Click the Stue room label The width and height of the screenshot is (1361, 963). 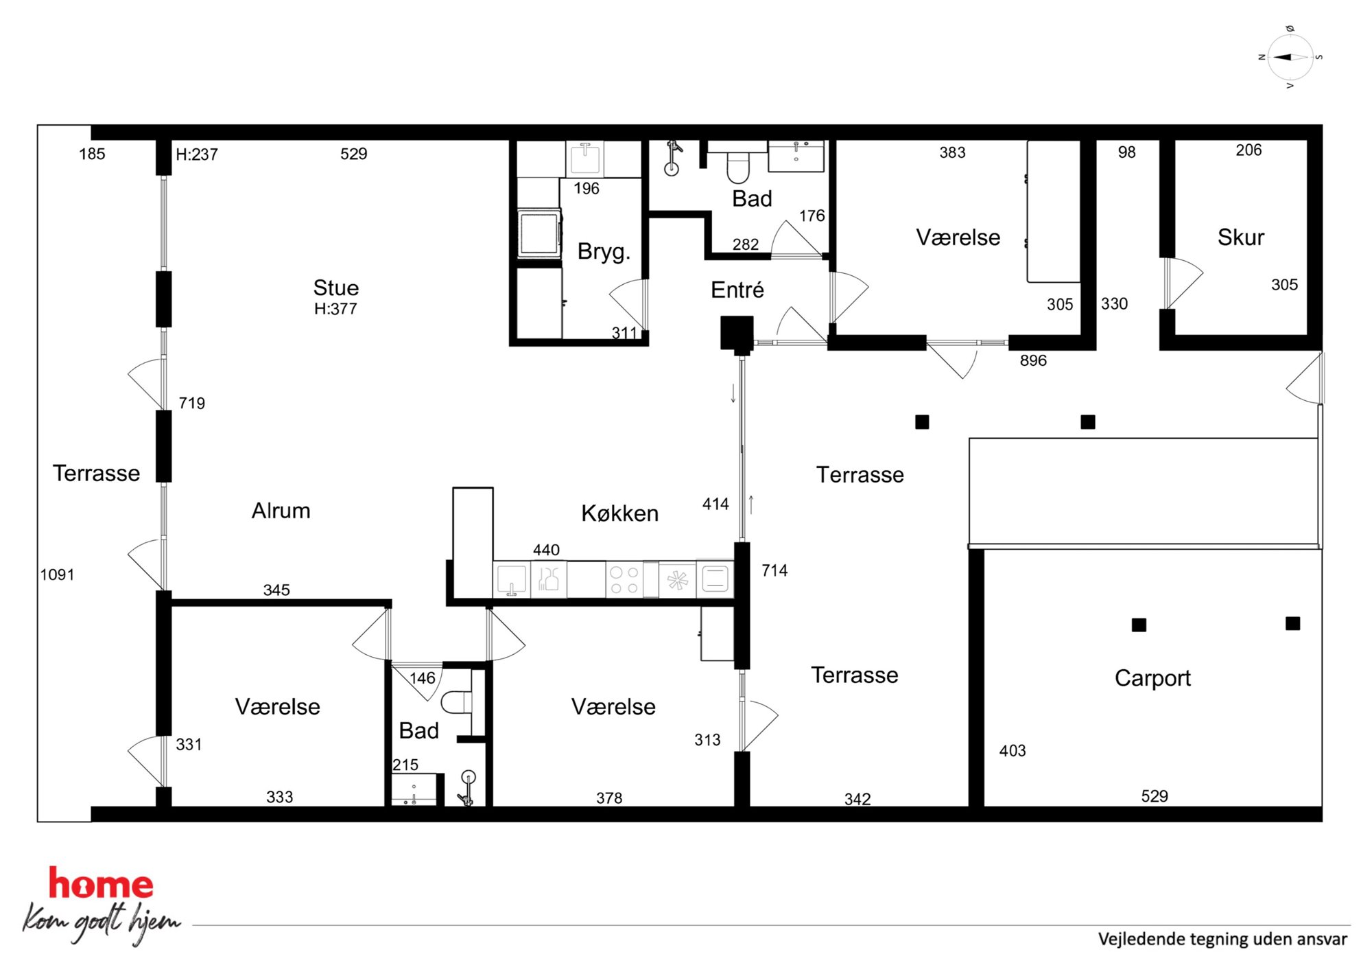click(336, 288)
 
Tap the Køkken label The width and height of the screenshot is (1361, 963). click(619, 513)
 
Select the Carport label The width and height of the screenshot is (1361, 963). click(1152, 678)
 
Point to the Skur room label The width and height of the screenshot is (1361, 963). click(1240, 237)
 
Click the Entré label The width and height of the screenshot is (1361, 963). click(737, 290)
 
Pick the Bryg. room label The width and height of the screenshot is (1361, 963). click(604, 252)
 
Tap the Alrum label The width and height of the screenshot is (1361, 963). click(281, 511)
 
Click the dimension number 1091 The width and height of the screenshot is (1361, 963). click(57, 575)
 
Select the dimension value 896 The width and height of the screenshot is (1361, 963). click(1033, 360)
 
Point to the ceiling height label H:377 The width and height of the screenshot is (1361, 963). click(335, 309)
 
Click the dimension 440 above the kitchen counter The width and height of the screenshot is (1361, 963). click(546, 550)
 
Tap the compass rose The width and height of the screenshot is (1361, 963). click(1290, 58)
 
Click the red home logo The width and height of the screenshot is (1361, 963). click(101, 884)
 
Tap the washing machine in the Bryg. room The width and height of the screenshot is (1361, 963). click(539, 233)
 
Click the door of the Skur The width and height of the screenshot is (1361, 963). click(1183, 283)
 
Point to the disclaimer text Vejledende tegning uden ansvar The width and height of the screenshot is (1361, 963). click(1222, 939)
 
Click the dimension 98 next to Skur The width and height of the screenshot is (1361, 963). click(1127, 152)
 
